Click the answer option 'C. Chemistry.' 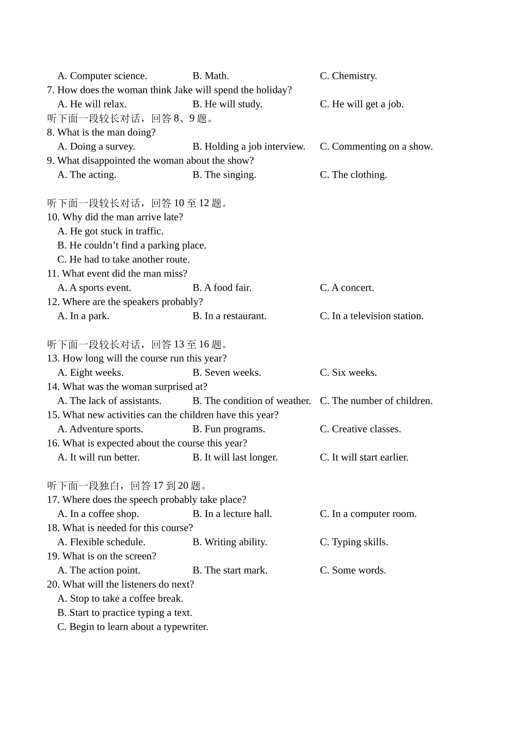tap(348, 76)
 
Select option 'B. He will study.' tap(227, 104)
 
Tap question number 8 tap(51, 133)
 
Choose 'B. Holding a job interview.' tap(249, 147)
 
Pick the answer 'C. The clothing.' tap(353, 175)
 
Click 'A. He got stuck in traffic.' tap(110, 231)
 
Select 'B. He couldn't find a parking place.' tap(131, 246)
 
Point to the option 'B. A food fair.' tap(222, 288)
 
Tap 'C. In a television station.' tap(372, 316)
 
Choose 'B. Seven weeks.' tap(226, 373)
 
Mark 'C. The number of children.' tap(376, 401)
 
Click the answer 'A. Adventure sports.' tap(100, 429)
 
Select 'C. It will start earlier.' tap(364, 457)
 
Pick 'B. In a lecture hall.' tap(232, 514)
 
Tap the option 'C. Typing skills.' tap(354, 542)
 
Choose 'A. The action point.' tap(99, 570)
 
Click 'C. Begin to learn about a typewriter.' tap(133, 627)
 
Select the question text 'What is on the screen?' tap(109, 556)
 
